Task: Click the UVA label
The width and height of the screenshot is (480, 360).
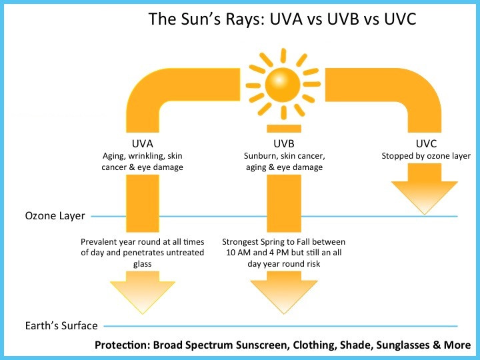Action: point(143,143)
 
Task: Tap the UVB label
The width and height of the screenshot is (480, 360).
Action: point(284,143)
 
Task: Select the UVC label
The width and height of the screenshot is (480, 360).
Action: point(426,143)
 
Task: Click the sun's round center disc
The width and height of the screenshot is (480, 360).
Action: point(283,85)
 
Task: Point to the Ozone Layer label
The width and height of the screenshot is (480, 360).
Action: point(55,216)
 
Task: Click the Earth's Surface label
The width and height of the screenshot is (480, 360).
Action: point(61,325)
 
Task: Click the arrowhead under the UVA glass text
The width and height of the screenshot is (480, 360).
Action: point(143,293)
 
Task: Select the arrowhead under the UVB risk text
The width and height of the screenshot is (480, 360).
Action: point(284,293)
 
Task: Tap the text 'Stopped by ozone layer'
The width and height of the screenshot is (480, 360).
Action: point(426,156)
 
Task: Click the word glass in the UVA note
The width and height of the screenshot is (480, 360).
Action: point(143,264)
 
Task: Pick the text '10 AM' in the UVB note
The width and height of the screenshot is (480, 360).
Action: point(235,253)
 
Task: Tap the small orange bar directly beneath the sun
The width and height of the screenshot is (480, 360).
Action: point(284,129)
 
